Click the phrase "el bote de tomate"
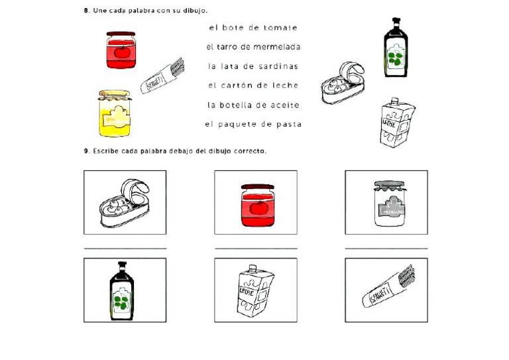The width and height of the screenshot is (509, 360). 253,28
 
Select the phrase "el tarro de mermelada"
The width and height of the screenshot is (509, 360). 253,47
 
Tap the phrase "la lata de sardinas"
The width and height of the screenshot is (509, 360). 253,66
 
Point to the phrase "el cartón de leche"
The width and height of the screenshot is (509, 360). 253,86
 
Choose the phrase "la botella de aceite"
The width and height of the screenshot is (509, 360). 253,105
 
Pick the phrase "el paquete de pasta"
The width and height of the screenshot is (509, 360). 253,124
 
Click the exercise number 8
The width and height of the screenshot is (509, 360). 86,11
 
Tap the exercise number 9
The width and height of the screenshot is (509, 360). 86,150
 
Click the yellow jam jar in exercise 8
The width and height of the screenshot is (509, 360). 115,113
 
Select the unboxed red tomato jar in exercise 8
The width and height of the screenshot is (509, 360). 121,50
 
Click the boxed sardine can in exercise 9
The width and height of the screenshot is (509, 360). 125,202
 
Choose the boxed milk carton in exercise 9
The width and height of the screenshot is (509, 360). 255,290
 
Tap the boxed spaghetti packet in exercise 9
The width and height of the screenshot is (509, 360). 386,290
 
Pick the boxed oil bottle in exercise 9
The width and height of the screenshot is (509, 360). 122,290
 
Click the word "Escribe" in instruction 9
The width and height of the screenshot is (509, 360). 105,150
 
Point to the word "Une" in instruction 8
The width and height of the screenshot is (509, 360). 99,11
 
